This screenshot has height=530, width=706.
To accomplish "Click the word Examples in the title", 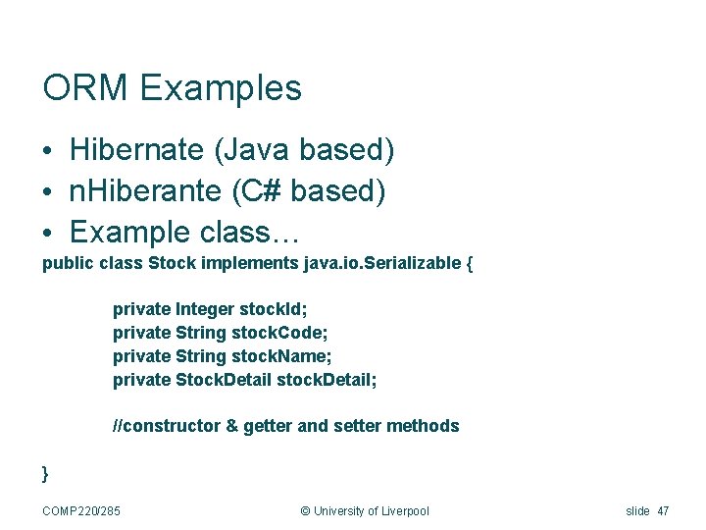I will (221, 88).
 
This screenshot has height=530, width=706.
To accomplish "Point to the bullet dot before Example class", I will (48, 233).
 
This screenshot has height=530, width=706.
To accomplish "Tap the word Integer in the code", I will (205, 309).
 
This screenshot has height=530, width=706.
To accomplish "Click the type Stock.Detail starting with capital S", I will (224, 379).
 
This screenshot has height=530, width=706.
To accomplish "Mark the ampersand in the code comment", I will (231, 426).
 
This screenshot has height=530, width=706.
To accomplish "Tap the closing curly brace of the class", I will (45, 473).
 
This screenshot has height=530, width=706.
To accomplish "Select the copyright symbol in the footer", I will (304, 510).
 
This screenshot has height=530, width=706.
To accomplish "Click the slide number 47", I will (665, 510).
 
